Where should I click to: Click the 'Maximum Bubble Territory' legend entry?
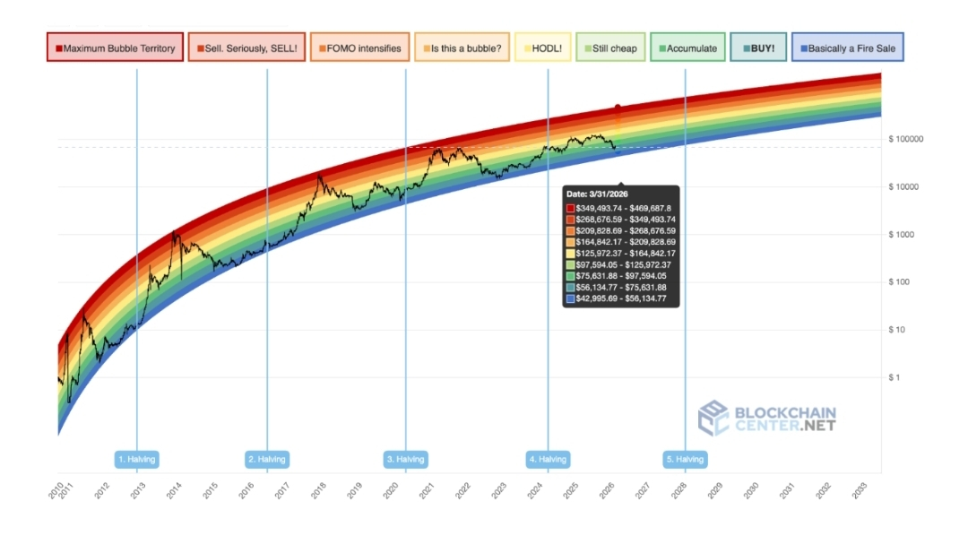click(x=115, y=47)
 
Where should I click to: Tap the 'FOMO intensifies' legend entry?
click(x=359, y=47)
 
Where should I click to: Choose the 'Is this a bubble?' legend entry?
click(x=462, y=47)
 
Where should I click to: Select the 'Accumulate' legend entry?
click(x=687, y=47)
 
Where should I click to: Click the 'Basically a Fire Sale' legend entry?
click(x=847, y=47)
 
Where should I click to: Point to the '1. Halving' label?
click(x=137, y=460)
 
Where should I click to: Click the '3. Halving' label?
click(x=406, y=460)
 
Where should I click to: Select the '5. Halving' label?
click(x=685, y=460)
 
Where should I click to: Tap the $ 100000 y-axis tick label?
click(x=905, y=139)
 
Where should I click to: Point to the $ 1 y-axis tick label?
click(x=895, y=377)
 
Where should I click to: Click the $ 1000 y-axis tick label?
click(x=901, y=235)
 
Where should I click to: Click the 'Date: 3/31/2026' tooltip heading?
click(x=596, y=194)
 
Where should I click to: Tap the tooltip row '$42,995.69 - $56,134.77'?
click(x=620, y=298)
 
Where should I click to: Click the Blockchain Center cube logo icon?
click(x=713, y=418)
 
